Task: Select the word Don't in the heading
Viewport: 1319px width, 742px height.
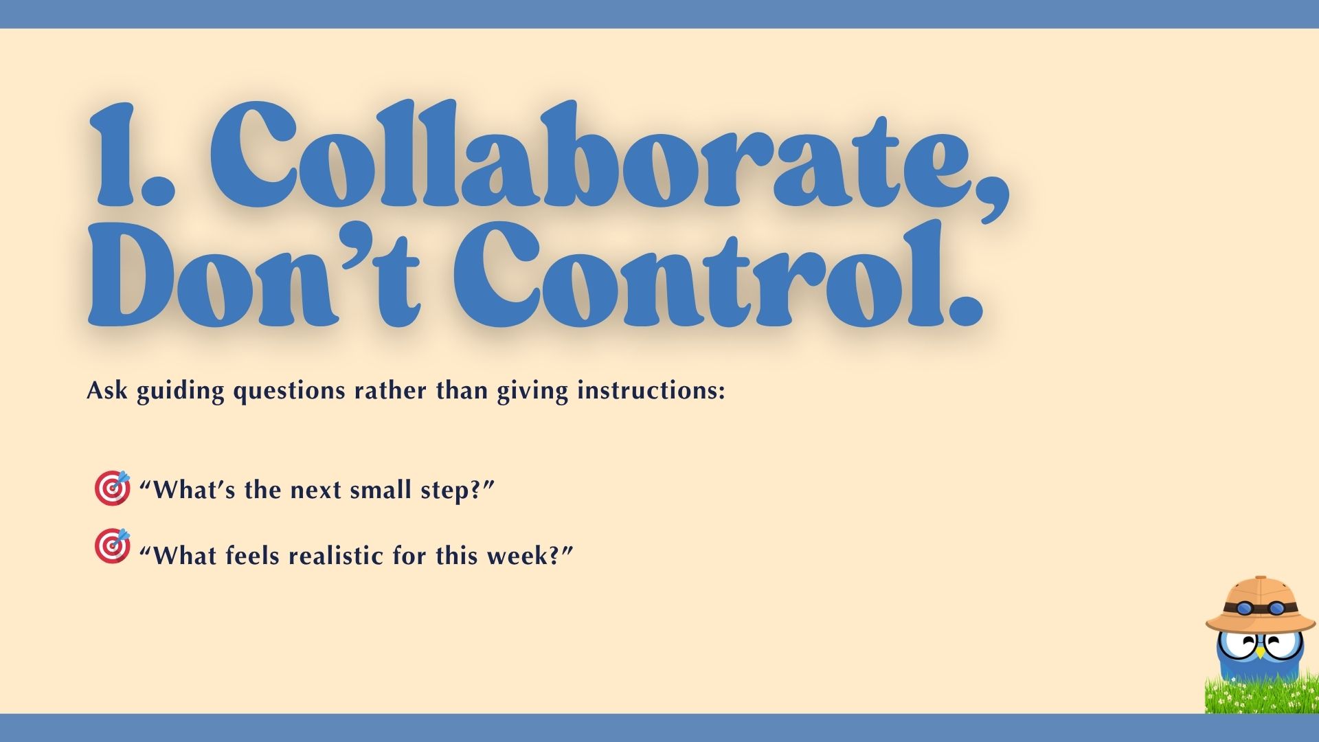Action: click(254, 275)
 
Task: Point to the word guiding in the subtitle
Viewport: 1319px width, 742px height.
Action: click(180, 392)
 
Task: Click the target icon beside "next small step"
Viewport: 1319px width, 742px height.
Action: click(112, 488)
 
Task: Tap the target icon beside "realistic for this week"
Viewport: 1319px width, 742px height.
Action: click(112, 546)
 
